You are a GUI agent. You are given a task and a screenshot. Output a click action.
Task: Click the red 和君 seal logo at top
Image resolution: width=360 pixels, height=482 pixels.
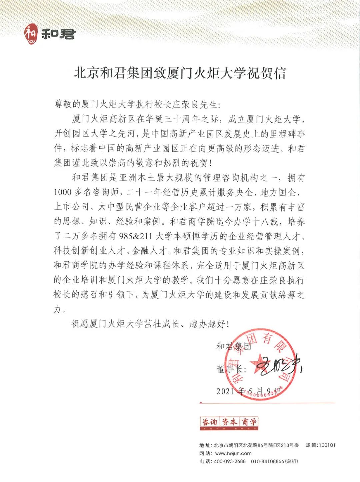[31, 34]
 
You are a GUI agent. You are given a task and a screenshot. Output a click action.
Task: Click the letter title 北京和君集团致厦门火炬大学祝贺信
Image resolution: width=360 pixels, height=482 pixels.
[180, 73]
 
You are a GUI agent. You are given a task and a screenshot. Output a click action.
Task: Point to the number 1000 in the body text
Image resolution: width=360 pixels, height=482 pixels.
[63, 192]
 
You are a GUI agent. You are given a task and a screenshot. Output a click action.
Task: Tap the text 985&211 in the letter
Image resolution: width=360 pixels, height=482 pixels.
[135, 236]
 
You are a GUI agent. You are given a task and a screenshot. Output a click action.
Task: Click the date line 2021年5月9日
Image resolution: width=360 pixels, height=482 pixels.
[248, 391]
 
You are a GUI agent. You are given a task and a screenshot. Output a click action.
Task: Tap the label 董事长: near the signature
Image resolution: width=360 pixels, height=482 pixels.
[231, 369]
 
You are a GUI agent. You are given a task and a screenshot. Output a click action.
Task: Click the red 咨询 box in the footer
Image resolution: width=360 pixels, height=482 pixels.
[210, 423]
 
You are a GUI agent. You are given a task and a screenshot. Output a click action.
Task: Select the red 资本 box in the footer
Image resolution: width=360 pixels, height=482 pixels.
[229, 423]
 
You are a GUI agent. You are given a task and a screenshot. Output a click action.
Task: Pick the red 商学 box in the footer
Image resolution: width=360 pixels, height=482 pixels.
[249, 423]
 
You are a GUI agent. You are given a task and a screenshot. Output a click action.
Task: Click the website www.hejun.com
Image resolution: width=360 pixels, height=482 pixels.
[233, 453]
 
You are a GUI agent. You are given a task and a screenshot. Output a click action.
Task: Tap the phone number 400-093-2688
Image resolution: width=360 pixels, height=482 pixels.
[230, 461]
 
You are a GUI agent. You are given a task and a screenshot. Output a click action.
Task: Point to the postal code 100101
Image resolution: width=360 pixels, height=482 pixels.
[327, 445]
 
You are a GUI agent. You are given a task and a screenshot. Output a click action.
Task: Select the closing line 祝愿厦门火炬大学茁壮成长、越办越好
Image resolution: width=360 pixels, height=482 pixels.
[150, 324]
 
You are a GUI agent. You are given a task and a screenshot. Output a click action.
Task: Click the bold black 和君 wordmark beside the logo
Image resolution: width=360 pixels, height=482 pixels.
[59, 34]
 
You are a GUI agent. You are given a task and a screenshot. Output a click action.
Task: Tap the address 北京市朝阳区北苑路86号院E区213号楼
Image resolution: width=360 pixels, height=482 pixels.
[256, 445]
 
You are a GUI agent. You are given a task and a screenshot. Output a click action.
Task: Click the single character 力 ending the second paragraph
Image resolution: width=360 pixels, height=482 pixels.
[58, 309]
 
